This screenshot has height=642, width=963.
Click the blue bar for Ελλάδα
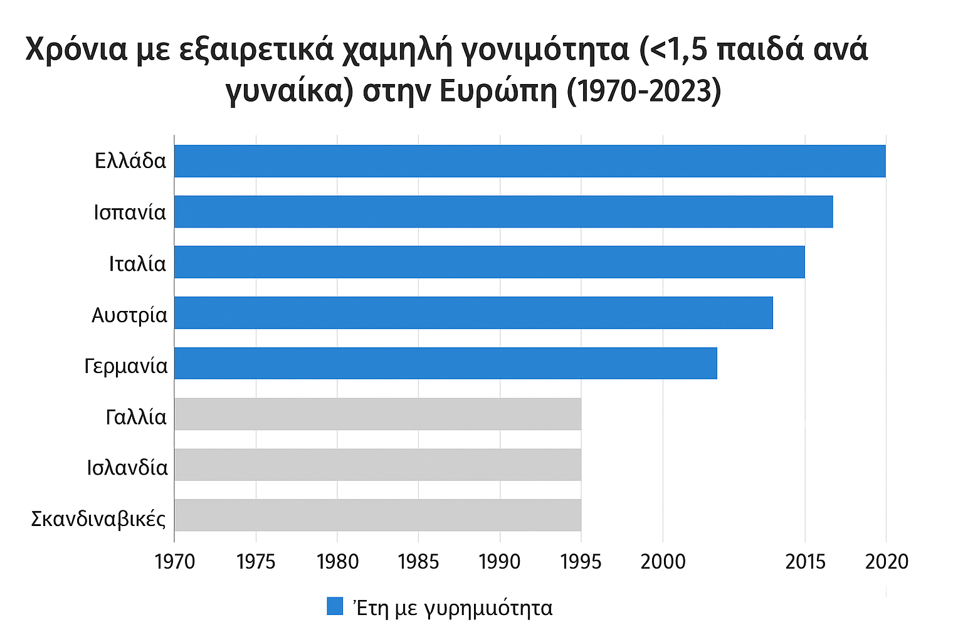[x=530, y=161]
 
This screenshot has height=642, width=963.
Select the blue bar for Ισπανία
[x=503, y=212]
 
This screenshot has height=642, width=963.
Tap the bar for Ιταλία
[x=489, y=262]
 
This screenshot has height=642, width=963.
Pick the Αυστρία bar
[x=473, y=313]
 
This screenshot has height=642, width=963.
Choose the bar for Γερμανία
[x=445, y=364]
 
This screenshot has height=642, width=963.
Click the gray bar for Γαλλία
[x=377, y=414]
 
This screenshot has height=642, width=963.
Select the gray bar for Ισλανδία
[x=377, y=465]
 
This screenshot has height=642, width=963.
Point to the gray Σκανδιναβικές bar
[x=377, y=515]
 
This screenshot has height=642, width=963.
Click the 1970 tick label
[x=175, y=562]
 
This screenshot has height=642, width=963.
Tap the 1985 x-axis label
[x=418, y=562]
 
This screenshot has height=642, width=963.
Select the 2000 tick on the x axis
[x=663, y=562]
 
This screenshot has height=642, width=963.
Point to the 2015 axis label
[x=806, y=562]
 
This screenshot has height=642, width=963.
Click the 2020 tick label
[x=887, y=562]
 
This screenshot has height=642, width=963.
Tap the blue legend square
[x=335, y=606]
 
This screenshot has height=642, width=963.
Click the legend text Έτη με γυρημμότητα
[x=453, y=608]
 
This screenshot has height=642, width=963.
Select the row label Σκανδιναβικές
[x=98, y=519]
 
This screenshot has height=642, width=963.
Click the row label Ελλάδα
[x=130, y=161]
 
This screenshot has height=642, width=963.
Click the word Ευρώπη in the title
[x=498, y=92]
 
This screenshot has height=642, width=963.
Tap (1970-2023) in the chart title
[x=645, y=92]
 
